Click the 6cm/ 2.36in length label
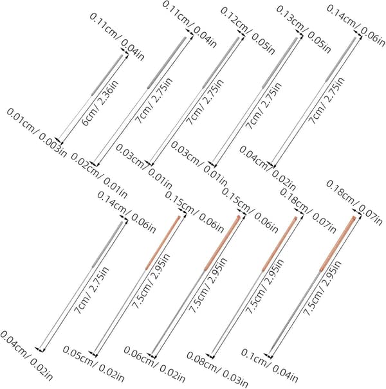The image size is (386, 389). click(x=100, y=103)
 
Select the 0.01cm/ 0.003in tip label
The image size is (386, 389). click(x=37, y=132)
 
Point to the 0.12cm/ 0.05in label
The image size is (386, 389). click(x=248, y=31)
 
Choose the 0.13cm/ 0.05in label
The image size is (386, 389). click(x=304, y=30)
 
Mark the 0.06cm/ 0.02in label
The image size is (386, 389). click(x=154, y=365)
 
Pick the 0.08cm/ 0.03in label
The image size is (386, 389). click(x=217, y=370)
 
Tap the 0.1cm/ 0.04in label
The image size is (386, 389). click(x=270, y=365)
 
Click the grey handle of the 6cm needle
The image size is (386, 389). click(x=107, y=75)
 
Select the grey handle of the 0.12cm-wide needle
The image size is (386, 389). click(x=221, y=62)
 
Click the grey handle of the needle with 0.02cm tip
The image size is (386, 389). click(x=167, y=62)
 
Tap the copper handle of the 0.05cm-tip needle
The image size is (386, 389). click(x=163, y=242)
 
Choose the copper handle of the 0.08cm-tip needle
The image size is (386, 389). click(x=279, y=244)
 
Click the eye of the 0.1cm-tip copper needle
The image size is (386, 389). click(x=353, y=219)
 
